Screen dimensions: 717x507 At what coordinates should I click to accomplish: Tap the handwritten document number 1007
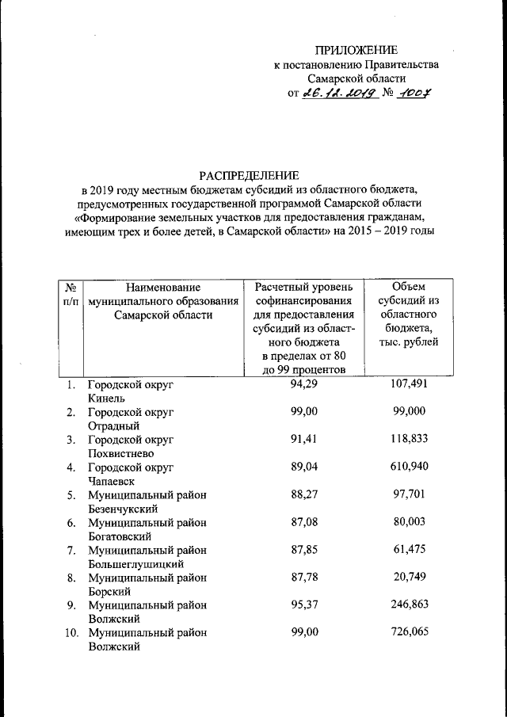[416, 93]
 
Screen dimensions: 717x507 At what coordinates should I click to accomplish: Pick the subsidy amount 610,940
[409, 467]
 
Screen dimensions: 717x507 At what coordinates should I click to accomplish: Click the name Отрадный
[111, 426]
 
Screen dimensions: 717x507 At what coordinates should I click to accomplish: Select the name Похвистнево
[120, 454]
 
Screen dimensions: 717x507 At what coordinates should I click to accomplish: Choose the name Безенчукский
[122, 509]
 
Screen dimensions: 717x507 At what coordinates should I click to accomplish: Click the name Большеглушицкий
[135, 564]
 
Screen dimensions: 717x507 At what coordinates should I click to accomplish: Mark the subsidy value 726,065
[409, 632]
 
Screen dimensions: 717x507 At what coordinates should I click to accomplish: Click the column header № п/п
[71, 294]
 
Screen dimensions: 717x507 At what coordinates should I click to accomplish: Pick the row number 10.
[70, 632]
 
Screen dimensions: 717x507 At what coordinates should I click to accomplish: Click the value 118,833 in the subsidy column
[409, 440]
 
